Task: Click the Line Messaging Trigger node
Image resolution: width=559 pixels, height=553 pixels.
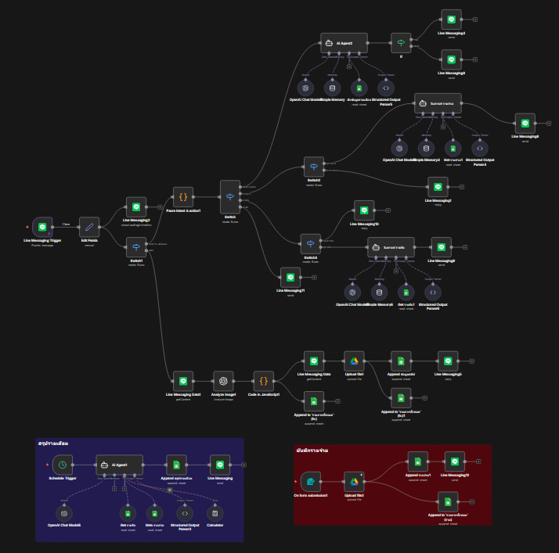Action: (42, 226)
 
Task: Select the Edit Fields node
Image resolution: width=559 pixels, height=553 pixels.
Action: (89, 226)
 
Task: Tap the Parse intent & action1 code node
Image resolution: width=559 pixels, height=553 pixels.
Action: (182, 196)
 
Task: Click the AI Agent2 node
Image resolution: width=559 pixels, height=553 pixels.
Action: (344, 42)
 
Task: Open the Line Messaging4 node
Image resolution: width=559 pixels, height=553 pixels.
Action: (450, 19)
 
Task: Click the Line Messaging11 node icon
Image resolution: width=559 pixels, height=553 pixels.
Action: (290, 277)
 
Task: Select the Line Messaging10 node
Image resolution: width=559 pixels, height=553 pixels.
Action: (364, 209)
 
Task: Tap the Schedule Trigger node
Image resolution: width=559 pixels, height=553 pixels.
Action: (63, 464)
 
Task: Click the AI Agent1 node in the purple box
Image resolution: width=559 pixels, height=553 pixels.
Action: (119, 464)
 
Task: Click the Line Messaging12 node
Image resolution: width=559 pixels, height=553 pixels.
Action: (454, 461)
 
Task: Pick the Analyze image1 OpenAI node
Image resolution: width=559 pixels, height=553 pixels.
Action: (223, 381)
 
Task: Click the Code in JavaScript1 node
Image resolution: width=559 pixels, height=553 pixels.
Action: (264, 381)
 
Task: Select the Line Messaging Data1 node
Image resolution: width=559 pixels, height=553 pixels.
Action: (182, 381)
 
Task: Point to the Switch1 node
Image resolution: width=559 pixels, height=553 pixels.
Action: (136, 250)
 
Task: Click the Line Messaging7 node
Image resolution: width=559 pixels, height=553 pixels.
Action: (438, 186)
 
